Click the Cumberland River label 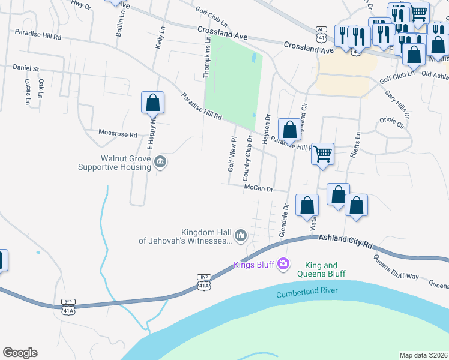[x=307, y=293]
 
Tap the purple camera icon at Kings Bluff [x=283, y=264]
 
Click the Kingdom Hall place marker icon [x=241, y=235]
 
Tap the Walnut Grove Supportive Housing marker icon [x=160, y=161]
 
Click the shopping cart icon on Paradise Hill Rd [x=323, y=154]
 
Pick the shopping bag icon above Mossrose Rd [x=152, y=103]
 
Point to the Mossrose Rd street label [x=118, y=134]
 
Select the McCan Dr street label [x=258, y=188]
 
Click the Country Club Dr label [x=247, y=158]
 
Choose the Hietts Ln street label [x=358, y=143]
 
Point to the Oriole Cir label [x=393, y=122]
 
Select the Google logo [x=20, y=353]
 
